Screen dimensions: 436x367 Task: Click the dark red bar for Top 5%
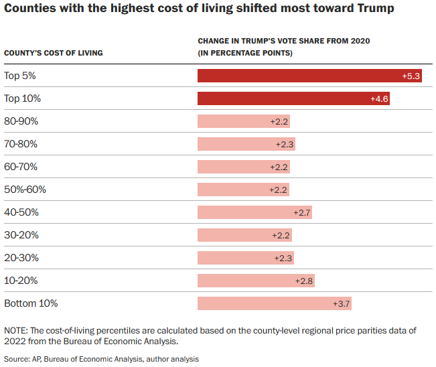click(x=309, y=76)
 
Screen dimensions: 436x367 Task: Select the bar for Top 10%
click(x=293, y=98)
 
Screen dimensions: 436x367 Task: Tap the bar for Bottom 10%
click(x=275, y=303)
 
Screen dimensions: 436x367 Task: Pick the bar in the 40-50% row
click(x=255, y=212)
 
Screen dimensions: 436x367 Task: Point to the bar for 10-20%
click(x=256, y=281)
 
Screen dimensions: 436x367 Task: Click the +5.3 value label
click(x=411, y=76)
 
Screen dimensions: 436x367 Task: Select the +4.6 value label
click(x=379, y=99)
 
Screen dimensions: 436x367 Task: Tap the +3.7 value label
click(x=341, y=304)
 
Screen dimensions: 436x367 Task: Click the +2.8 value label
click(x=304, y=281)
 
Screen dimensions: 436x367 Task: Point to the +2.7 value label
click(x=302, y=213)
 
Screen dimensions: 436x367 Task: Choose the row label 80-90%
click(x=21, y=121)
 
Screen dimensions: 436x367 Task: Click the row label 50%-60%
click(x=25, y=190)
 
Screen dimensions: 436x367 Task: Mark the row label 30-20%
click(x=21, y=235)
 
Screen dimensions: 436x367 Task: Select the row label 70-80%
click(x=21, y=144)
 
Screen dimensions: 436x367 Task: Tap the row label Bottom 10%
click(x=31, y=303)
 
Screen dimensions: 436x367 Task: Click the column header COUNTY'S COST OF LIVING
click(x=54, y=53)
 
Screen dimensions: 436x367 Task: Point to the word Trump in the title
click(x=376, y=8)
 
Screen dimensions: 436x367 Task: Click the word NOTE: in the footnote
click(x=16, y=331)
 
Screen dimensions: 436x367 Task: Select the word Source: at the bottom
click(x=17, y=359)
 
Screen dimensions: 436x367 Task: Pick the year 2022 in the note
click(x=15, y=341)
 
